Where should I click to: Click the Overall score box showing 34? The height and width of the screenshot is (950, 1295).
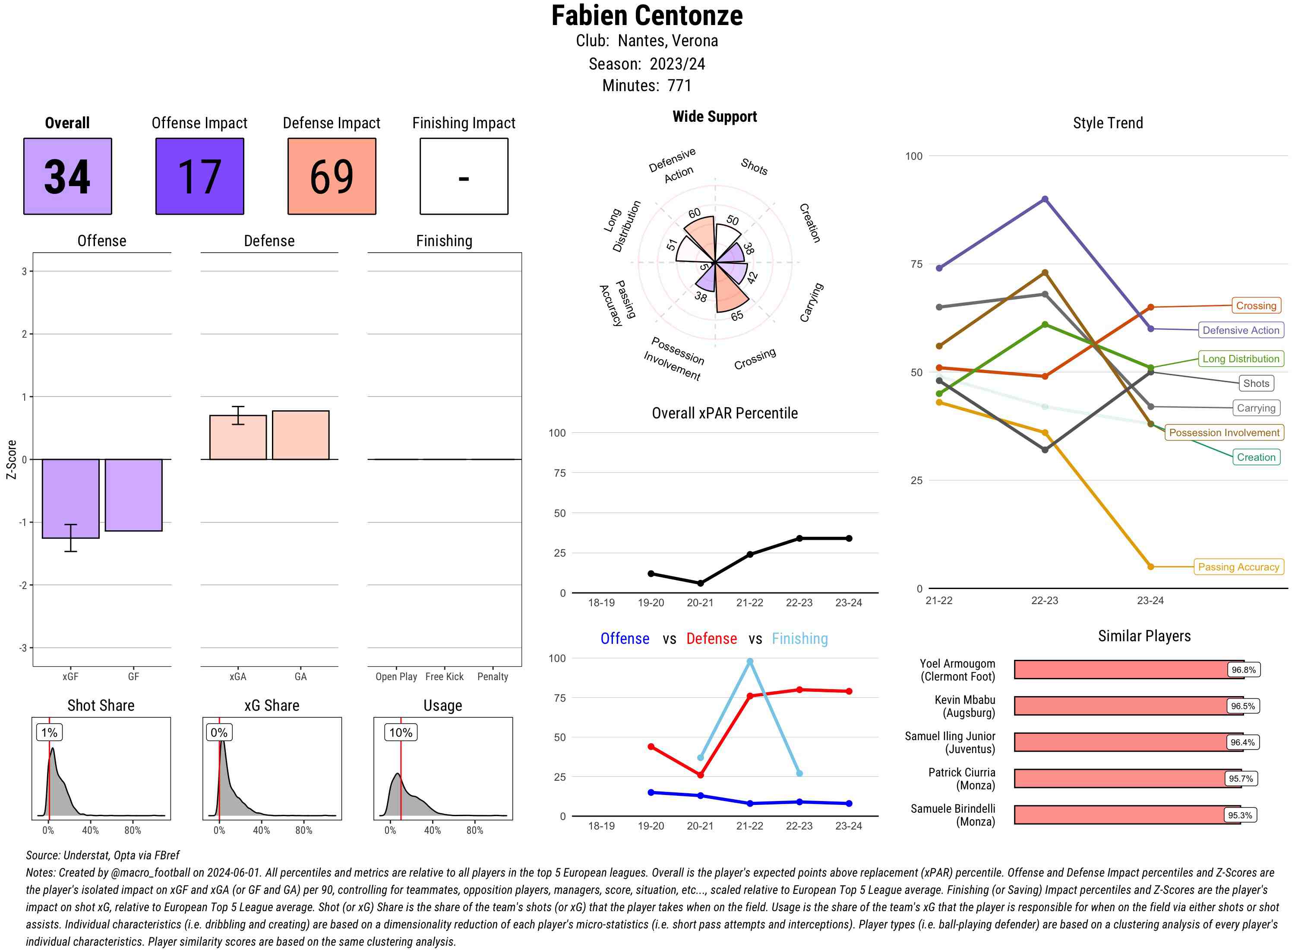click(x=67, y=176)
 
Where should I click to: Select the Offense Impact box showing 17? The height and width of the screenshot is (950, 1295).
click(x=199, y=176)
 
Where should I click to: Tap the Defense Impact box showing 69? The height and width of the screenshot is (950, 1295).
click(x=332, y=176)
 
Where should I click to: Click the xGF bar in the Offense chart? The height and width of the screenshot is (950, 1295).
click(x=71, y=498)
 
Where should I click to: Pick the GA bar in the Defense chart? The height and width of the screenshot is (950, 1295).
click(x=300, y=435)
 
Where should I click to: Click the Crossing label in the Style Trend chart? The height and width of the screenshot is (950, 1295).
click(x=1256, y=306)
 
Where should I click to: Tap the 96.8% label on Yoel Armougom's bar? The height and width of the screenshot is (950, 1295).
click(x=1243, y=670)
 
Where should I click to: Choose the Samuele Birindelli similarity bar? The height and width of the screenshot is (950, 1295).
click(x=1127, y=815)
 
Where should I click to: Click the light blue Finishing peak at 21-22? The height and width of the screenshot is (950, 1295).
click(x=749, y=662)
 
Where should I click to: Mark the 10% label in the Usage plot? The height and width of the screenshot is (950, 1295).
click(x=401, y=733)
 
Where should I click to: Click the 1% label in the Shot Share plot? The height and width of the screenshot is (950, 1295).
click(x=50, y=733)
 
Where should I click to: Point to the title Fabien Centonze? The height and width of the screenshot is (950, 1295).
click(x=647, y=16)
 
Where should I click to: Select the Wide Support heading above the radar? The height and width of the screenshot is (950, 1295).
click(x=714, y=117)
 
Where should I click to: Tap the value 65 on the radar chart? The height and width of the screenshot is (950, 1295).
click(x=737, y=316)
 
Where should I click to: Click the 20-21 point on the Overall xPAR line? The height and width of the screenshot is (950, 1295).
click(x=700, y=583)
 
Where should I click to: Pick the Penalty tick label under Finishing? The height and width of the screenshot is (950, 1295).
click(x=493, y=677)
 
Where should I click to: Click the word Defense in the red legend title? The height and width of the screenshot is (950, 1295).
click(x=711, y=639)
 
